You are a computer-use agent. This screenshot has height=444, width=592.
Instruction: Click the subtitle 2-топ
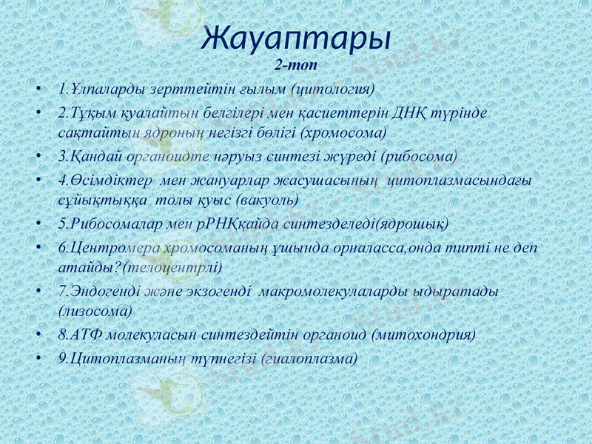296,64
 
